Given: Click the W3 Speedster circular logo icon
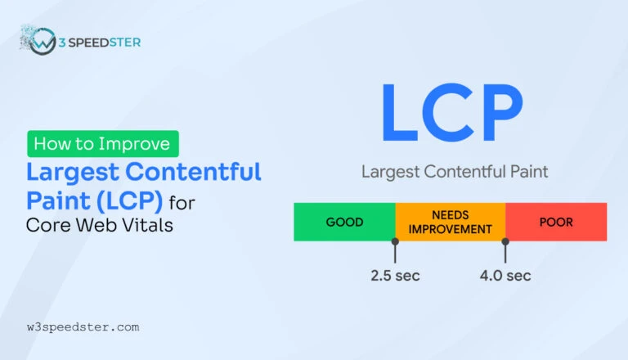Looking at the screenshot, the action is (x=39, y=40).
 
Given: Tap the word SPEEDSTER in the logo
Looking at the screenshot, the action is (x=104, y=43).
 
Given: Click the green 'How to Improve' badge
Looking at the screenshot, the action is (x=103, y=143).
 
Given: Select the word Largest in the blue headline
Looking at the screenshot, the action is (x=73, y=173).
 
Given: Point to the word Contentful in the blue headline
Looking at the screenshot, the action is (x=194, y=172).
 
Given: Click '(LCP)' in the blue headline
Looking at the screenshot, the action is (x=129, y=200).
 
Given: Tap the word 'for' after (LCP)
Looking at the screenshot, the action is (x=182, y=202).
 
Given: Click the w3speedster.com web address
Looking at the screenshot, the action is (x=83, y=327).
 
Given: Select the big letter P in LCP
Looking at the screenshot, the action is (x=503, y=112).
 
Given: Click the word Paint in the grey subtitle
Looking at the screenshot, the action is (x=529, y=172).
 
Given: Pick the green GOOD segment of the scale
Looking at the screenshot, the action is (x=344, y=222).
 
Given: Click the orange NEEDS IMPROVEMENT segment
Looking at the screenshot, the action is (x=451, y=222).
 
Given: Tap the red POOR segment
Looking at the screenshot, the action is (x=556, y=222).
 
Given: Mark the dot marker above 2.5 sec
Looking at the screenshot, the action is (x=395, y=241).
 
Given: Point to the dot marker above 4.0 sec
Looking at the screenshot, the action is (x=505, y=241).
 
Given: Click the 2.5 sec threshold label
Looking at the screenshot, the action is (x=395, y=276).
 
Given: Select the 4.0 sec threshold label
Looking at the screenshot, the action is (x=505, y=276).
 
